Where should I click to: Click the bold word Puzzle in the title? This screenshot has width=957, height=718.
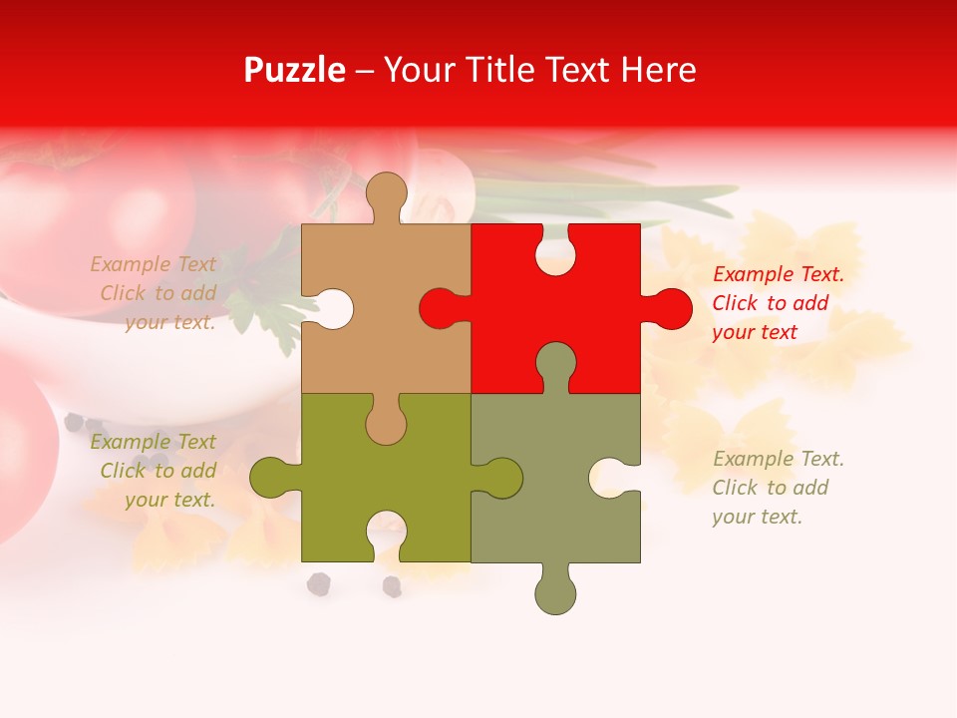[294, 70]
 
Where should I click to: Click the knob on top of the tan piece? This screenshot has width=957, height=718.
[386, 193]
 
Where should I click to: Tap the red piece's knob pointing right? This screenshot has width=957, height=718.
[668, 308]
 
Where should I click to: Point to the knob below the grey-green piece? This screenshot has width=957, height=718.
[556, 592]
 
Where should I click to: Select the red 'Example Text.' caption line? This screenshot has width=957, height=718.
[778, 274]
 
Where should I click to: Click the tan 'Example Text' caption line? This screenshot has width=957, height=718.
[153, 264]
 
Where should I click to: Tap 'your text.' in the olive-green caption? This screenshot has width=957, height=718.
[169, 500]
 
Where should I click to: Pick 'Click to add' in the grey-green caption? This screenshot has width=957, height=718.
[770, 488]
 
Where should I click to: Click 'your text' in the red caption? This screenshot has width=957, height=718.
[755, 332]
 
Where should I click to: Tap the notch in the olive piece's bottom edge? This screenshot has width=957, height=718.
[386, 533]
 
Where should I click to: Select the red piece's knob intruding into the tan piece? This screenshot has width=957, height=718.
[443, 308]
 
